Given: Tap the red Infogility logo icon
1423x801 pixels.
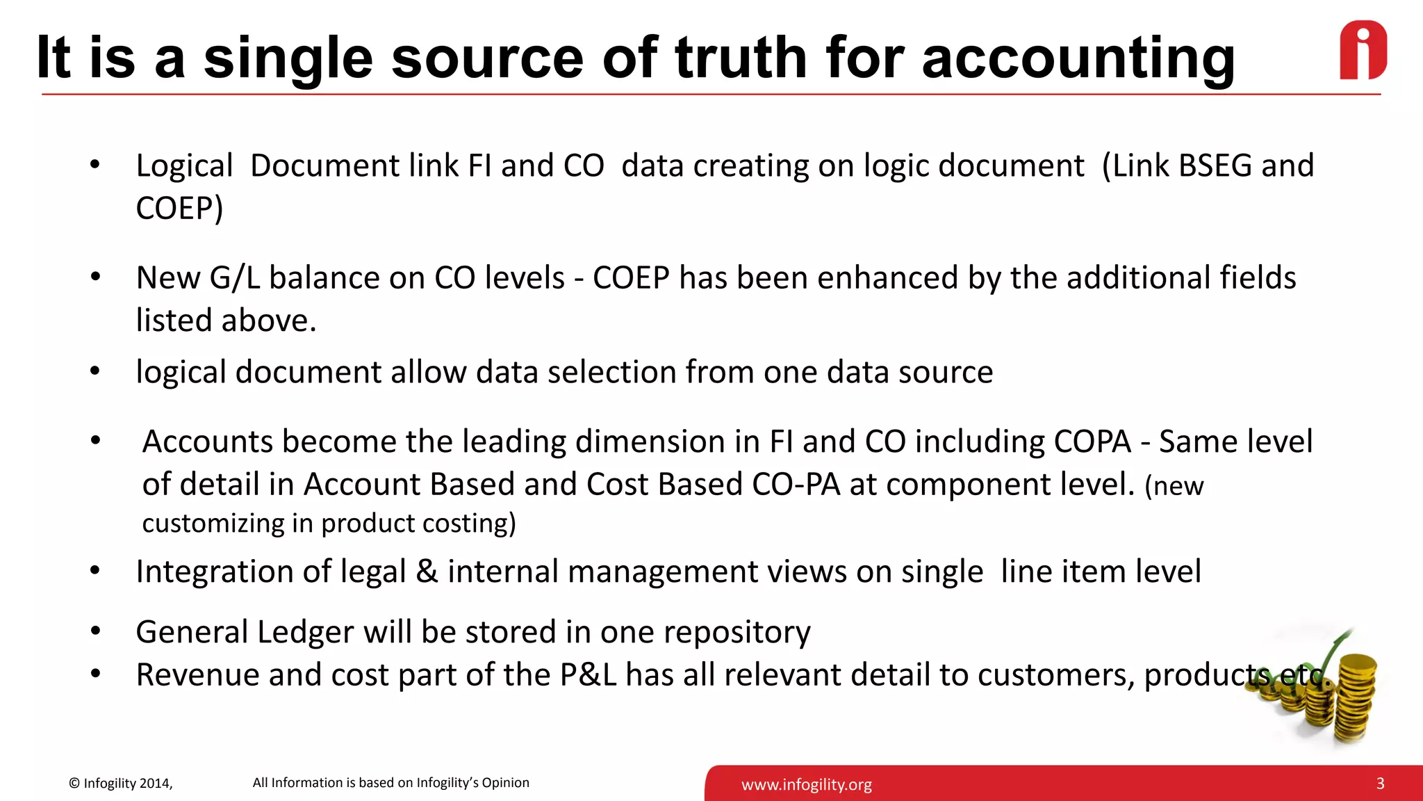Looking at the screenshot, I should coord(1363,50).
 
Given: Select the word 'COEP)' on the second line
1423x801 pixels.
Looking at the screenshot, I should coord(179,209).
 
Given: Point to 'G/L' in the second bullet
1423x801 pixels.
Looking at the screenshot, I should coord(234,278).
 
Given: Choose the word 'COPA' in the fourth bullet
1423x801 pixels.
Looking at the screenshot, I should coord(1092,442).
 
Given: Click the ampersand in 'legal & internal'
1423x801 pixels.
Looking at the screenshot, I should coord(427,572).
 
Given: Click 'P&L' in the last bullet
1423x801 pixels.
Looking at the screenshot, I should coord(588,675).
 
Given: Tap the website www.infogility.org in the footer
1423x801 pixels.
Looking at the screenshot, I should coord(806,785).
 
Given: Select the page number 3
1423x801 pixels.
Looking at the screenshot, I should coord(1380,784).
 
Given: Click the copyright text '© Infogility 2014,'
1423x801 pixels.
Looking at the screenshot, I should coord(120,784).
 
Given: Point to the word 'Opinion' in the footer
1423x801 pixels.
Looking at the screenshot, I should coord(505,783).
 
